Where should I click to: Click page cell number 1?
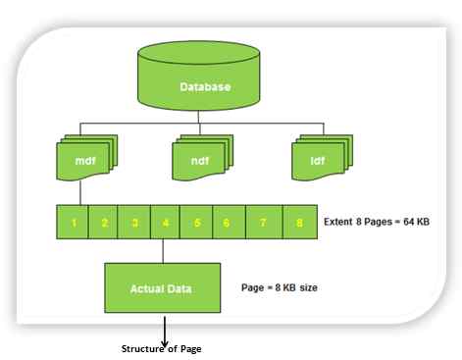pos(73,223)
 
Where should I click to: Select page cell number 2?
pos(103,223)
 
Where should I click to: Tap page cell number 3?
pos(133,223)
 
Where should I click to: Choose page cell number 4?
pos(164,223)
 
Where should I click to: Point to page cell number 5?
pos(196,223)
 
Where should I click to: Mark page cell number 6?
pos(228,223)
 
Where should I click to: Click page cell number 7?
pos(263,223)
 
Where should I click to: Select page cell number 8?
pos(298,223)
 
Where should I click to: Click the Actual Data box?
pos(160,287)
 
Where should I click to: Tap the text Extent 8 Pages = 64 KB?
pos(377,223)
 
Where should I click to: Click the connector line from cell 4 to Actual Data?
pos(164,250)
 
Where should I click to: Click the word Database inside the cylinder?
pos(205,87)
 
